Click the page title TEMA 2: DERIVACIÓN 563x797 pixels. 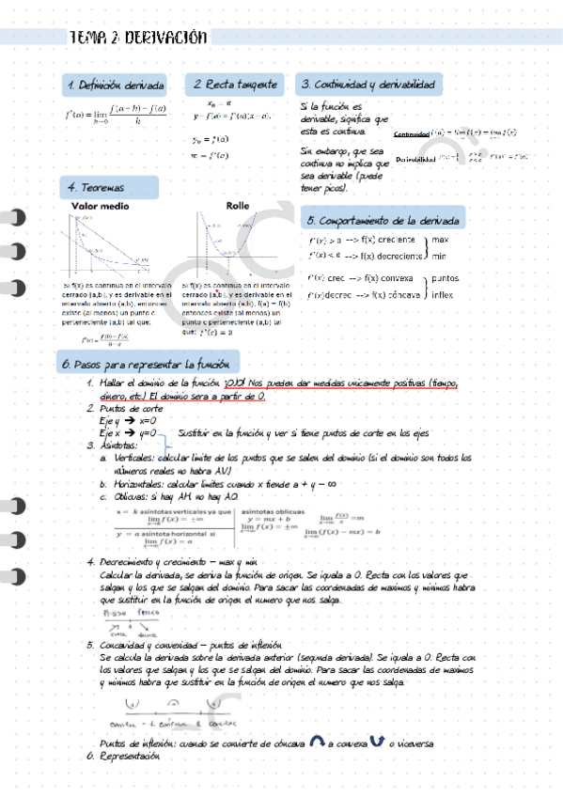pyautogui.click(x=138, y=38)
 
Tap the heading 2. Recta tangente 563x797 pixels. pyautogui.click(x=235, y=85)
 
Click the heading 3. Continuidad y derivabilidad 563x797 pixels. pyautogui.click(x=368, y=85)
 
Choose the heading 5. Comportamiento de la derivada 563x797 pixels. pyautogui.click(x=383, y=221)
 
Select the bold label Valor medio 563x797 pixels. pyautogui.click(x=101, y=205)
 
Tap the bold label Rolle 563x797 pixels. pyautogui.click(x=237, y=205)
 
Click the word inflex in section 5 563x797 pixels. pyautogui.click(x=442, y=294)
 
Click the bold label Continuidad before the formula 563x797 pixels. pyautogui.click(x=412, y=133)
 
